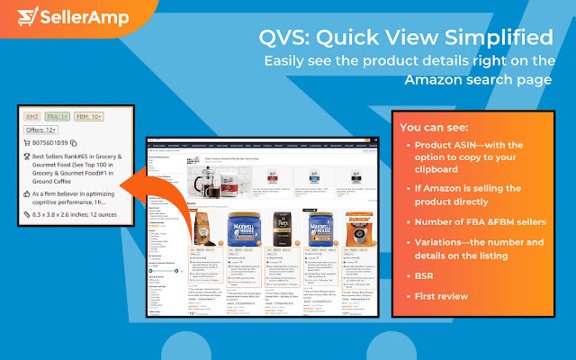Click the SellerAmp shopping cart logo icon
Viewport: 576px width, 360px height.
click(28, 16)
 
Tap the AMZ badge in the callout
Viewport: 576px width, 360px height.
click(32, 117)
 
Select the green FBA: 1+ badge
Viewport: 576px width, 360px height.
click(58, 117)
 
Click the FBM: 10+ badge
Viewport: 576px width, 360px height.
click(89, 117)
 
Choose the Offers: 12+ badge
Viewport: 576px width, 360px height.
click(41, 130)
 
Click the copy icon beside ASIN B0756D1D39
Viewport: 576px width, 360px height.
click(74, 143)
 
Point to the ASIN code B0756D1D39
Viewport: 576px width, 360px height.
click(50, 143)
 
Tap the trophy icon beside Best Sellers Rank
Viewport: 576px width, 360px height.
click(27, 157)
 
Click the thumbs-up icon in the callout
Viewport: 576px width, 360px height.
click(27, 194)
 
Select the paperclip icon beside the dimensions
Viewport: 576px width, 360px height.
click(27, 214)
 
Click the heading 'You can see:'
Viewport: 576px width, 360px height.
click(434, 128)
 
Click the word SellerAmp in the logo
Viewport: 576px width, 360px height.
click(84, 17)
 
